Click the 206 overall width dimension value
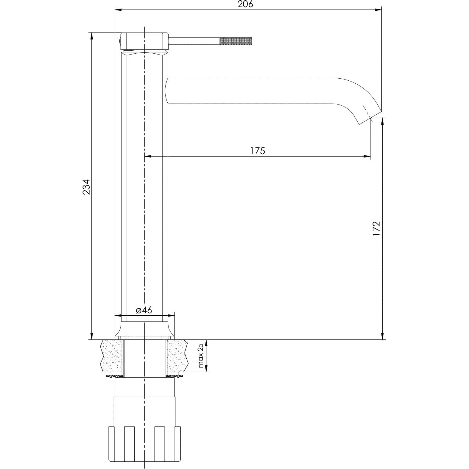click(246, 4)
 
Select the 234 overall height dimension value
click(86, 187)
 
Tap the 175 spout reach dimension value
click(257, 151)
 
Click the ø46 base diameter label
click(144, 310)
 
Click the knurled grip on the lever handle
click(236, 41)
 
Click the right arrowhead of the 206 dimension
click(378, 10)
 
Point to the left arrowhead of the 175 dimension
click(148, 156)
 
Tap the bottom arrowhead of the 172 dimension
click(383, 336)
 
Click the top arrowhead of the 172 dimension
click(383, 122)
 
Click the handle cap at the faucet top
click(145, 41)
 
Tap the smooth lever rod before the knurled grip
click(194, 41)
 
